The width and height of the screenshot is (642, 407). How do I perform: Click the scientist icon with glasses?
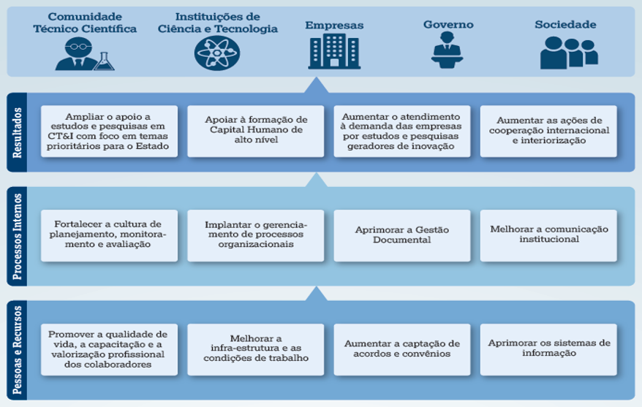tap(78, 54)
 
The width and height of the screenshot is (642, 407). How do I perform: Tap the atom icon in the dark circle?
tap(217, 53)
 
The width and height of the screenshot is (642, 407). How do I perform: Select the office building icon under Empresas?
tap(334, 51)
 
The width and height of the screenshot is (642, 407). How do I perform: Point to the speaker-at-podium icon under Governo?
tap(447, 50)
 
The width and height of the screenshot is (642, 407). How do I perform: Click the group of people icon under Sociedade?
tap(569, 53)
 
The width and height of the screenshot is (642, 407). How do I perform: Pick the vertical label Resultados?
tap(18, 132)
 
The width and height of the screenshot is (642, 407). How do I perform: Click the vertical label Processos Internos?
tap(18, 237)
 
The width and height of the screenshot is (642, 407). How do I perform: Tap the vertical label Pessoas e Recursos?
tap(18, 350)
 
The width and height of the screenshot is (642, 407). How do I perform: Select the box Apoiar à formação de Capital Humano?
tap(255, 132)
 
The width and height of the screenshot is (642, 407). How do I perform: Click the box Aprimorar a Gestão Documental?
tap(402, 235)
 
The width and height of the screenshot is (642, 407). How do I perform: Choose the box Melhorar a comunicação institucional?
tap(548, 235)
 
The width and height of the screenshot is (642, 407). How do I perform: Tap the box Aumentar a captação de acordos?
tap(402, 349)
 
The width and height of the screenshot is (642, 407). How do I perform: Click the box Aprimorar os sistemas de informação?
tap(548, 349)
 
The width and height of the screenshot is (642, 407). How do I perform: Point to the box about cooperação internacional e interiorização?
tap(548, 132)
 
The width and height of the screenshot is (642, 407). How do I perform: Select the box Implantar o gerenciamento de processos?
tap(255, 235)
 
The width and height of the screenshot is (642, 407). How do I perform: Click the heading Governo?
tap(448, 25)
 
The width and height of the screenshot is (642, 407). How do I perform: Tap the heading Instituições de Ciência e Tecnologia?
tap(218, 23)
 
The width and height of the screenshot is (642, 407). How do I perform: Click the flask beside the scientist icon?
tap(104, 61)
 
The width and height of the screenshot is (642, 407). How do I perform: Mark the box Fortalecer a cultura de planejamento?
tap(110, 235)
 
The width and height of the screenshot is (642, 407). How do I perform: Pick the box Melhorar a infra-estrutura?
tap(255, 349)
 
